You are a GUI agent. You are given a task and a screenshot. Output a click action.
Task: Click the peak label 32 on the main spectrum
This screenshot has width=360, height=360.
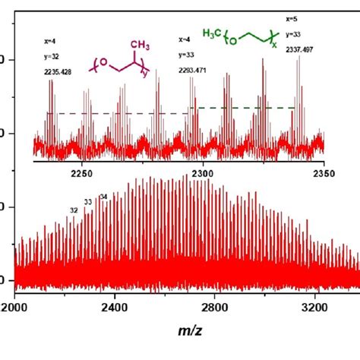[74, 209]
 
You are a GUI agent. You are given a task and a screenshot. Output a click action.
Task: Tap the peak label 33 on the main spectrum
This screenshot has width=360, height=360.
[88, 201]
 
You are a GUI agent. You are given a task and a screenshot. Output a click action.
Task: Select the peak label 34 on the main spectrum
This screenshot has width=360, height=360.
[103, 197]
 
